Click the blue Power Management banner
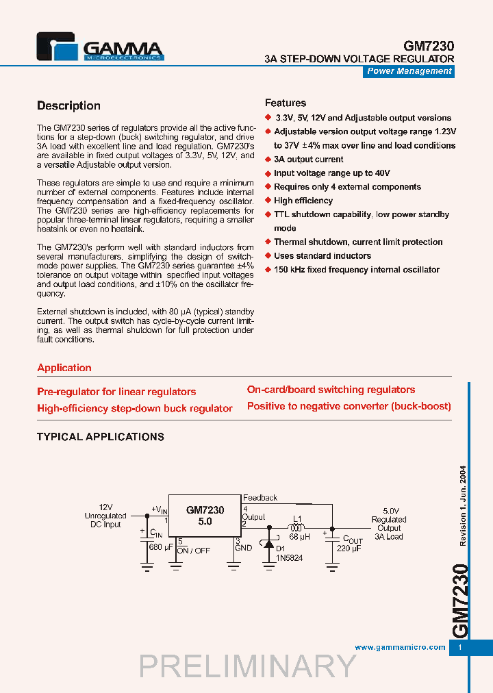point(409,71)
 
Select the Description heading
point(68,105)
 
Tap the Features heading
point(286,103)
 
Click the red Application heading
point(64,368)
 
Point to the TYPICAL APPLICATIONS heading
point(100,436)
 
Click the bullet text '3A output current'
point(308,159)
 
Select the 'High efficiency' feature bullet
point(303,201)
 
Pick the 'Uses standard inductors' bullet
point(322,255)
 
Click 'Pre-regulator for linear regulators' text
point(116,392)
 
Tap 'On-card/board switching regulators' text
point(331,390)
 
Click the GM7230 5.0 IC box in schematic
point(205,516)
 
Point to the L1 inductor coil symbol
point(298,528)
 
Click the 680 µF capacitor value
point(162,546)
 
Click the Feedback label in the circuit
point(260,498)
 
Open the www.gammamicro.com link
point(400,647)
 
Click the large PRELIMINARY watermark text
point(247,666)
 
